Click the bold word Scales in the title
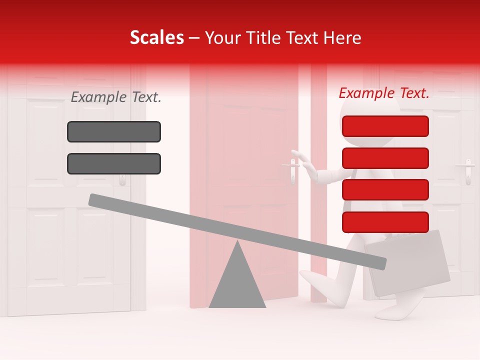point(156,37)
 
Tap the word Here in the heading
point(342,37)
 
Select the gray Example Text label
point(116,97)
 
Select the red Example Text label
point(384,93)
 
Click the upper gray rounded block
point(114,131)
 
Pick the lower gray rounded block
point(114,163)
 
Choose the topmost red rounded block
point(385,126)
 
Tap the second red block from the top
point(385,158)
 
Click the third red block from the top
point(385,189)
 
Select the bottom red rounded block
point(385,222)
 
